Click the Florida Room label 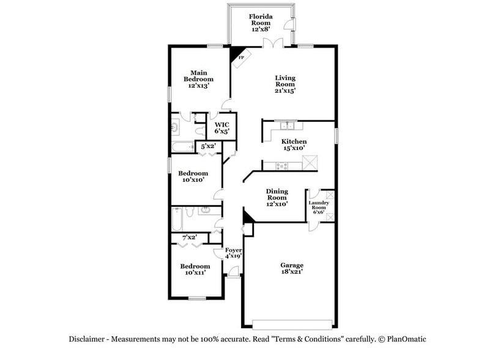click(261, 22)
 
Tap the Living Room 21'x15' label click(285, 84)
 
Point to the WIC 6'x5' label click(221, 127)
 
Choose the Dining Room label click(277, 197)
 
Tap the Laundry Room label click(318, 207)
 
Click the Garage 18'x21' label click(292, 269)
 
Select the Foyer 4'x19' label click(234, 253)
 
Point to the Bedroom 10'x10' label click(193, 176)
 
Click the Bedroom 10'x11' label click(195, 269)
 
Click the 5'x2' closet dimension click(208, 146)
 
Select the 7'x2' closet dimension click(189, 236)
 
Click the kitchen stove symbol click(283, 165)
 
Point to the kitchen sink click(288, 126)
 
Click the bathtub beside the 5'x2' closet click(181, 146)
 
